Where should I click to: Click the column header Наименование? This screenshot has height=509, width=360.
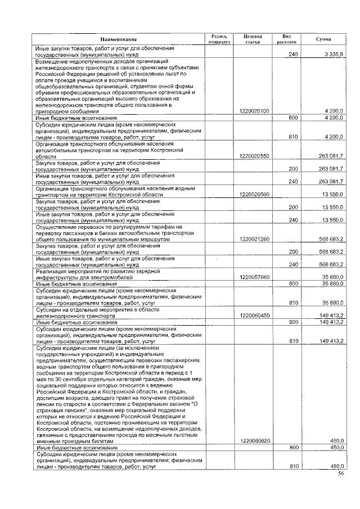pyautogui.click(x=119, y=39)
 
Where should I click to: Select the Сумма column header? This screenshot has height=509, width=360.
pyautogui.click(x=323, y=39)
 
